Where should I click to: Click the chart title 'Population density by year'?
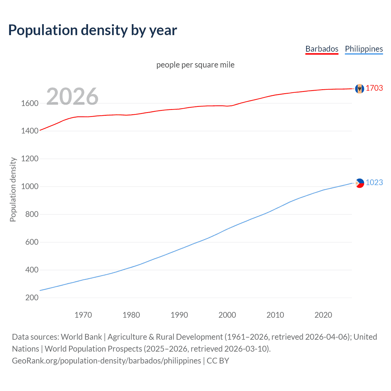[x=93, y=30]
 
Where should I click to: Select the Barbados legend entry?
[x=322, y=49]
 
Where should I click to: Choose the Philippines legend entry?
[x=364, y=49]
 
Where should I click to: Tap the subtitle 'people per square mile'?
[x=195, y=65]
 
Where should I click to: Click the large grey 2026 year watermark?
[x=72, y=97]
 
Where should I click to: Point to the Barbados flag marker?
[x=360, y=89]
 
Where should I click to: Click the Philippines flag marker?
[x=360, y=183]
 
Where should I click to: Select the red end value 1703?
[x=374, y=88]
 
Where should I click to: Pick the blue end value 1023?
[x=374, y=182]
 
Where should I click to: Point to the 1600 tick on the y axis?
[x=30, y=103]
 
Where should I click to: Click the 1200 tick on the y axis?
[x=30, y=159]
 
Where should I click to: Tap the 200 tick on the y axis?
[x=32, y=298]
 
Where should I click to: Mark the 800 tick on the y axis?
[x=32, y=214]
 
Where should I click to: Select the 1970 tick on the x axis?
[x=83, y=315]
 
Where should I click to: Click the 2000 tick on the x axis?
[x=227, y=315]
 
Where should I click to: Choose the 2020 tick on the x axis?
[x=323, y=315]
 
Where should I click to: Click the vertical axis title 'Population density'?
[x=13, y=189]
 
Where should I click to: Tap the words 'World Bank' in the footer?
[x=81, y=337]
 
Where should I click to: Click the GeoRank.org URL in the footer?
[x=106, y=361]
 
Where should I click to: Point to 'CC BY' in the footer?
[x=218, y=361]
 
